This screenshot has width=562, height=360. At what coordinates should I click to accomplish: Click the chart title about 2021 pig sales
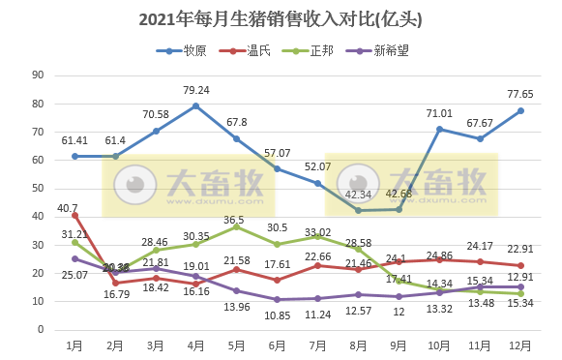pos(281,18)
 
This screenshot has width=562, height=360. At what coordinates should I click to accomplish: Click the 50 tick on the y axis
pos(38,189)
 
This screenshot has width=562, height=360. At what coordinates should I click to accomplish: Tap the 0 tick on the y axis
pos(41,330)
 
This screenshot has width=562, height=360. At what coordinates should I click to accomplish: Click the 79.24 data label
pos(196,90)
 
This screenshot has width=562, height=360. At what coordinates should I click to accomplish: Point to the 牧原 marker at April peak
pos(196,105)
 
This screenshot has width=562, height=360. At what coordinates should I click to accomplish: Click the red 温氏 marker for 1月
pos(74,215)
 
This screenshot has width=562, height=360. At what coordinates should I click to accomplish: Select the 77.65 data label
pos(521,95)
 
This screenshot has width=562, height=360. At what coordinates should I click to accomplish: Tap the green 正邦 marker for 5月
pos(237,226)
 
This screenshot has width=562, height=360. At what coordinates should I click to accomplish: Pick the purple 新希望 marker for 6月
pos(278,299)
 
